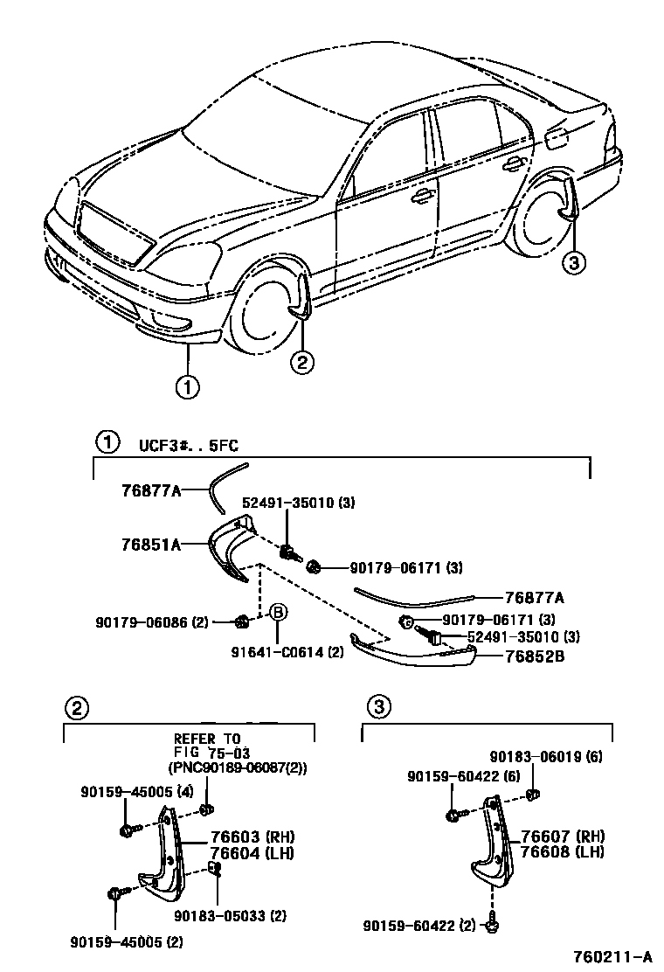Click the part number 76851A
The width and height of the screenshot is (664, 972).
coord(150,544)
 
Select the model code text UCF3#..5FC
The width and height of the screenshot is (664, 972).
coord(188,445)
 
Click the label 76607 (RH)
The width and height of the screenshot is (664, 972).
coord(563,837)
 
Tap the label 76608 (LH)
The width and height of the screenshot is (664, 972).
coord(563,851)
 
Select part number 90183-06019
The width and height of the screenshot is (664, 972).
coord(545,756)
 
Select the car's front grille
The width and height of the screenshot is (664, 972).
coord(114,233)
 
